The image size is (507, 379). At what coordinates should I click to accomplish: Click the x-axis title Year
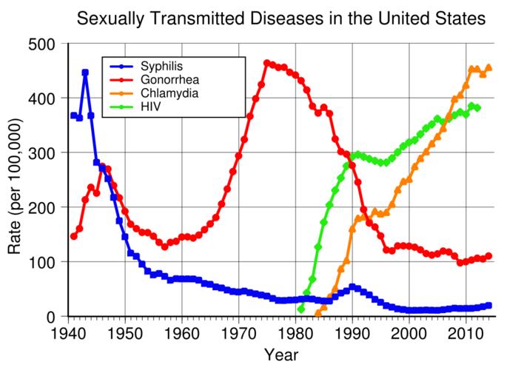click(281, 355)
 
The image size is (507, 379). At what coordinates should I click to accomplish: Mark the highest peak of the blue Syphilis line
click(85, 73)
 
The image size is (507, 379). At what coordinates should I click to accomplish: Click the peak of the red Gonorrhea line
click(266, 64)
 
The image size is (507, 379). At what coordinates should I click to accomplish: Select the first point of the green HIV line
click(300, 309)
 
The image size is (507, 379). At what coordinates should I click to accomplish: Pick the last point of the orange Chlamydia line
click(488, 67)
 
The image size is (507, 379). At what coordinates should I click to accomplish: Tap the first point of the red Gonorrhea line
click(73, 236)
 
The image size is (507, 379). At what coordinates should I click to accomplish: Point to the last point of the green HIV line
click(477, 108)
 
